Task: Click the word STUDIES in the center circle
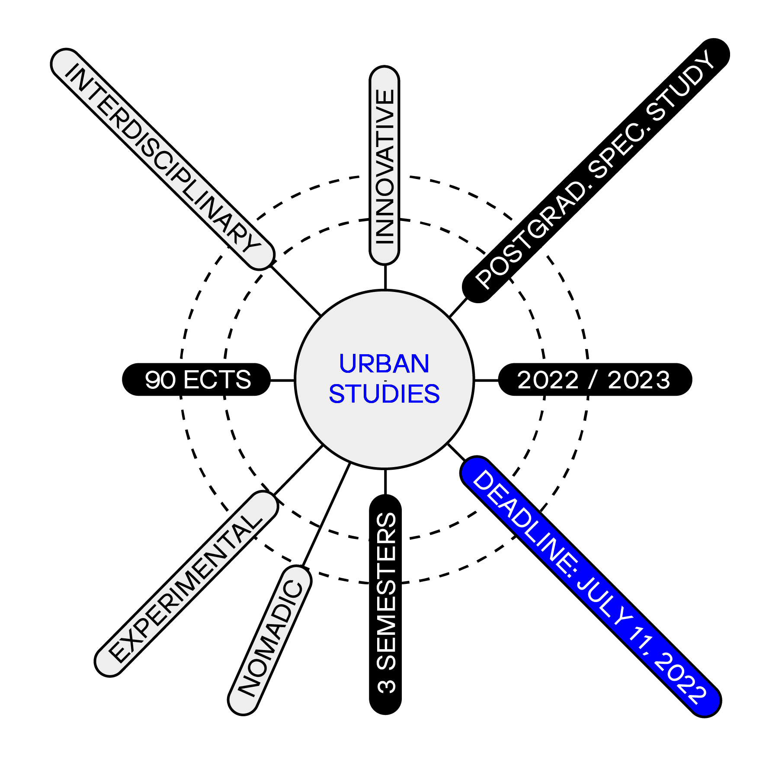[x=384, y=394]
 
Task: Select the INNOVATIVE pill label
[x=384, y=165]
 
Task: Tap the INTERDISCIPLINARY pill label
[x=163, y=159]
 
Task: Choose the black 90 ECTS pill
[x=197, y=380]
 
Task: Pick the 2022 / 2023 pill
[x=595, y=380]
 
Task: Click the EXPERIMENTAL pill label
[x=186, y=584]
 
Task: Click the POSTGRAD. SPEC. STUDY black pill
[x=596, y=170]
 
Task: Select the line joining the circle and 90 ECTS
[x=282, y=380]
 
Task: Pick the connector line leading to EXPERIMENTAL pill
[x=298, y=470]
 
